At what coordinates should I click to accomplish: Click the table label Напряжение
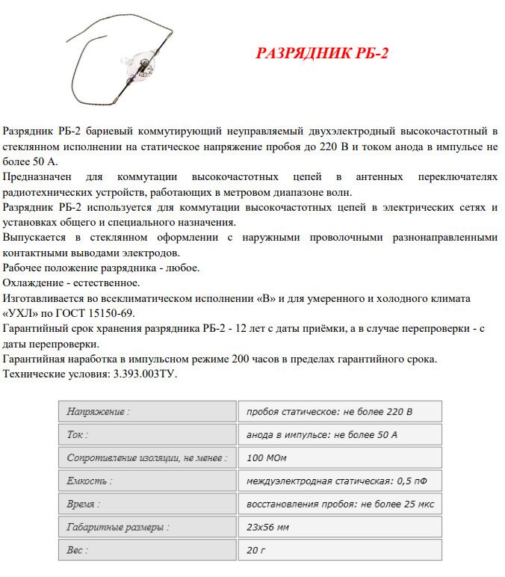[98, 411]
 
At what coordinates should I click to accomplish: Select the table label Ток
[77, 434]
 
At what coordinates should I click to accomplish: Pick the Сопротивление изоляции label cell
[146, 457]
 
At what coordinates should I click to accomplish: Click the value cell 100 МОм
[266, 457]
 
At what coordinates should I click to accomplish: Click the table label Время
[83, 504]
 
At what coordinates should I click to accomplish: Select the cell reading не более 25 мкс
[340, 504]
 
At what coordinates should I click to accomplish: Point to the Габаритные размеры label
[117, 527]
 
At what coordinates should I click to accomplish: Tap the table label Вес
[77, 550]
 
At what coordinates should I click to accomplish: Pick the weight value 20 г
[256, 550]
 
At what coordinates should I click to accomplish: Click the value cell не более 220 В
[329, 411]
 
